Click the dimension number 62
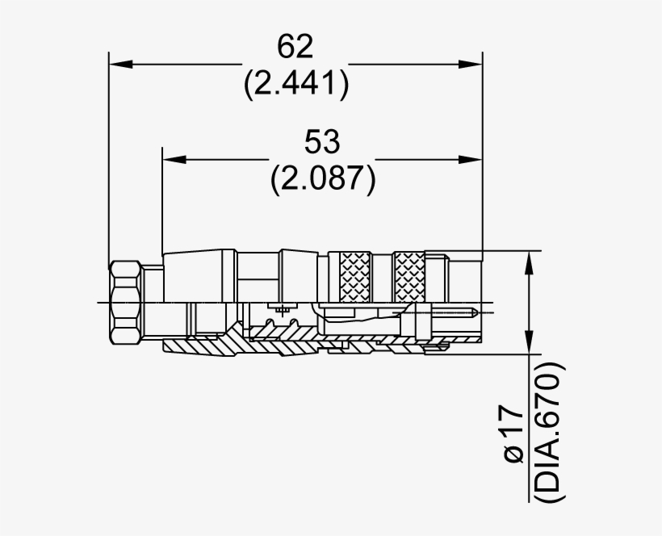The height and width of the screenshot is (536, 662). click(x=295, y=47)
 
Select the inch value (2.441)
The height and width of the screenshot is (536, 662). click(x=296, y=84)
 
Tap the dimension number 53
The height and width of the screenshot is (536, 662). click(x=323, y=142)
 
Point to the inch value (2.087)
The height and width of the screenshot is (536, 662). click(x=323, y=178)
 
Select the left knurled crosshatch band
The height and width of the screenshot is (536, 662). click(x=354, y=276)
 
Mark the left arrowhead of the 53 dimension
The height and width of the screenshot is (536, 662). click(x=173, y=159)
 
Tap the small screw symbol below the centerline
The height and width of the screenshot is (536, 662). click(x=282, y=311)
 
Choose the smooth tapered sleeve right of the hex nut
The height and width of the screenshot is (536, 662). click(x=198, y=274)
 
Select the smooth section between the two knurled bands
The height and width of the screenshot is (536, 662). click(x=382, y=278)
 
